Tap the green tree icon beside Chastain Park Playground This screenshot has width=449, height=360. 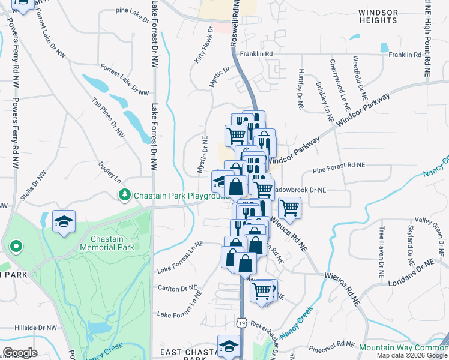pyautogui.click(x=124, y=195)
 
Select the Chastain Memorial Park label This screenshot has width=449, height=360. pyautogui.click(x=107, y=243)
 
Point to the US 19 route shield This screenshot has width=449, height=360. pyautogui.click(x=241, y=322)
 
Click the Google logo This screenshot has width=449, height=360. pyautogui.click(x=20, y=353)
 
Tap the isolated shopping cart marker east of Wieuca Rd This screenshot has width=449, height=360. pyautogui.click(x=289, y=208)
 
